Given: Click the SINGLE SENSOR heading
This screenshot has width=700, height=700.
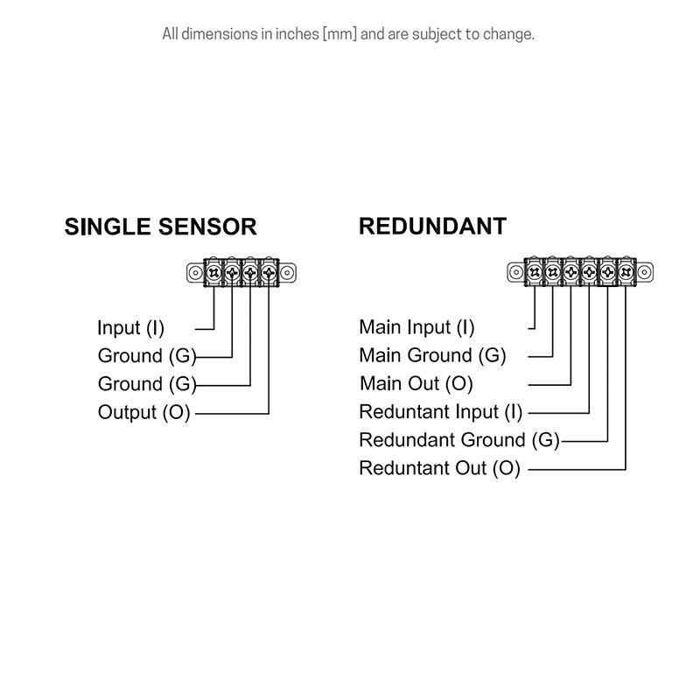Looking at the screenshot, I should (x=160, y=227).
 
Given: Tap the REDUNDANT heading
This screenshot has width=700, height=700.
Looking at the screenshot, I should (x=432, y=227).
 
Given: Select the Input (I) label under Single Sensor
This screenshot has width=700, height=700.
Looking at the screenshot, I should (x=130, y=328).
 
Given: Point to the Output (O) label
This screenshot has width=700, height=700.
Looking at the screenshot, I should (x=143, y=412).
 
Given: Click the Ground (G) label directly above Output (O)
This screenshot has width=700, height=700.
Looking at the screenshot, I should (x=147, y=384).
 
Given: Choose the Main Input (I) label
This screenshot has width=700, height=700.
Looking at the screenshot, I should (x=416, y=328).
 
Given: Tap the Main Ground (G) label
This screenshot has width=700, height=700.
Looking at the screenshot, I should (x=432, y=356).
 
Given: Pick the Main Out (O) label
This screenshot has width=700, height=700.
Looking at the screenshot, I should (x=416, y=384).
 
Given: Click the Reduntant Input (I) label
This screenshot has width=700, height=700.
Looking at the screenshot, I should (x=440, y=412).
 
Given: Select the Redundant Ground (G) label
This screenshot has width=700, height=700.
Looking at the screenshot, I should (x=458, y=440).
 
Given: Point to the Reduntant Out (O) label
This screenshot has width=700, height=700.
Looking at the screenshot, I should (x=439, y=468).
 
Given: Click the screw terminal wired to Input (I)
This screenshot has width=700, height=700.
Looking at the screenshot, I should (x=214, y=273).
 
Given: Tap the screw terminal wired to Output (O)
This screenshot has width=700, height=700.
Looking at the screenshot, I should (x=269, y=273).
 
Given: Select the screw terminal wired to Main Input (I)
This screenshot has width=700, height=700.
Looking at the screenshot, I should (x=534, y=273).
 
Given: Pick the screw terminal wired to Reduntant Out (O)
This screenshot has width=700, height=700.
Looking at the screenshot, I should (x=626, y=273).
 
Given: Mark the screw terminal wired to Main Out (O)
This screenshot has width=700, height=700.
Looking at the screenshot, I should (x=570, y=273).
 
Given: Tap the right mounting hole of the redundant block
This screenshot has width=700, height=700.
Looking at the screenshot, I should (x=645, y=273).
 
